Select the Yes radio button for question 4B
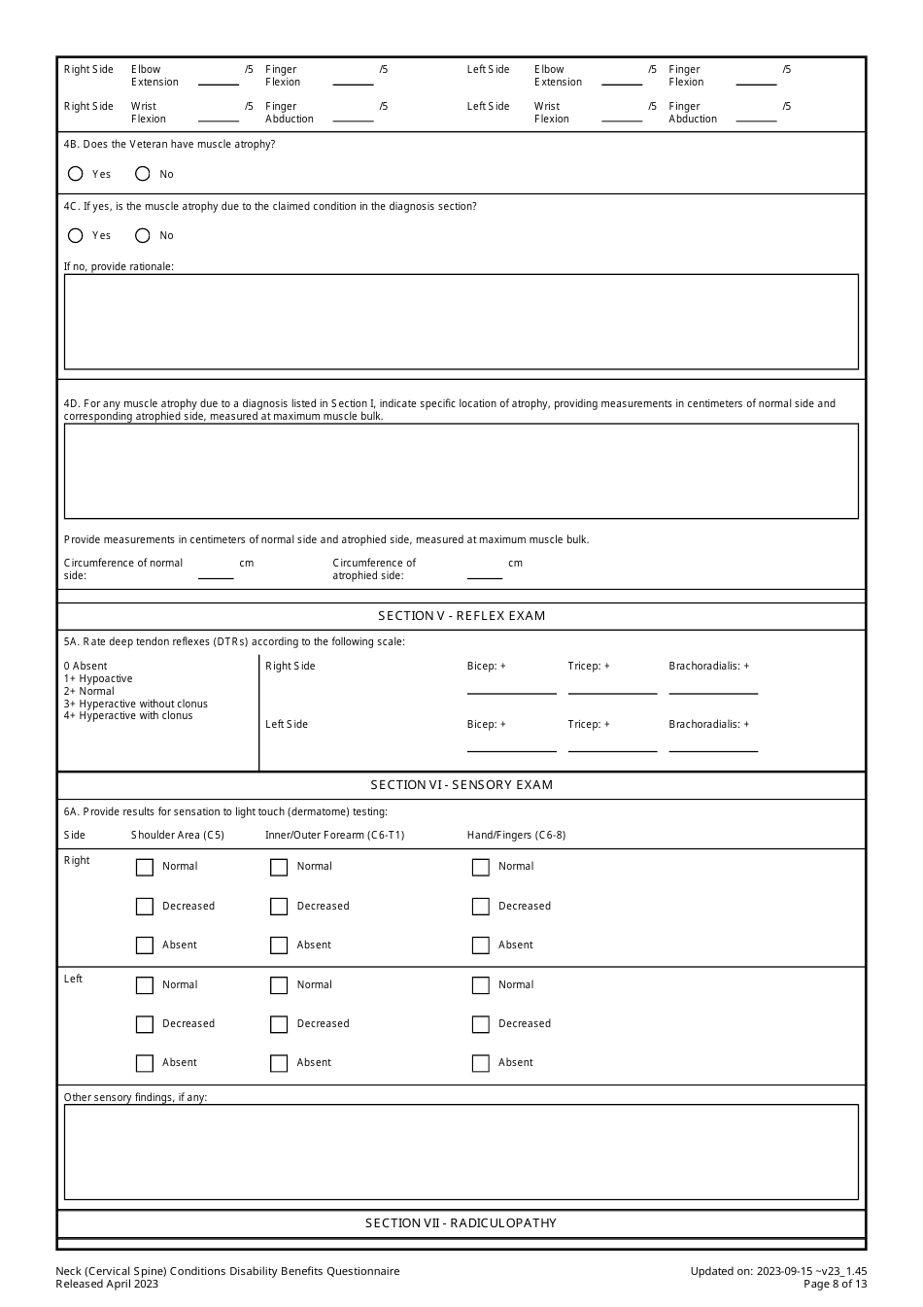[x=76, y=174]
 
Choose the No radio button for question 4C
[x=143, y=235]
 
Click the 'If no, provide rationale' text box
[x=461, y=322]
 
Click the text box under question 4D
[x=461, y=471]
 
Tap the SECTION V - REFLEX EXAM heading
[x=461, y=616]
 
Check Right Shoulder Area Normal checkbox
[x=145, y=867]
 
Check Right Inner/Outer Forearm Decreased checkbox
[x=279, y=907]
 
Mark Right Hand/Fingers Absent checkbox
[x=480, y=946]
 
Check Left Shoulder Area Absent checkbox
[x=145, y=1063]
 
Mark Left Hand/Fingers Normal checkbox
[x=480, y=985]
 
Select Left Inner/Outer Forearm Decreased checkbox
[x=279, y=1024]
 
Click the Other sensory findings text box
[x=461, y=1152]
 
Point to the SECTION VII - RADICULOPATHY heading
[x=461, y=1223]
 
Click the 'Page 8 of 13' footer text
[x=835, y=1284]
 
